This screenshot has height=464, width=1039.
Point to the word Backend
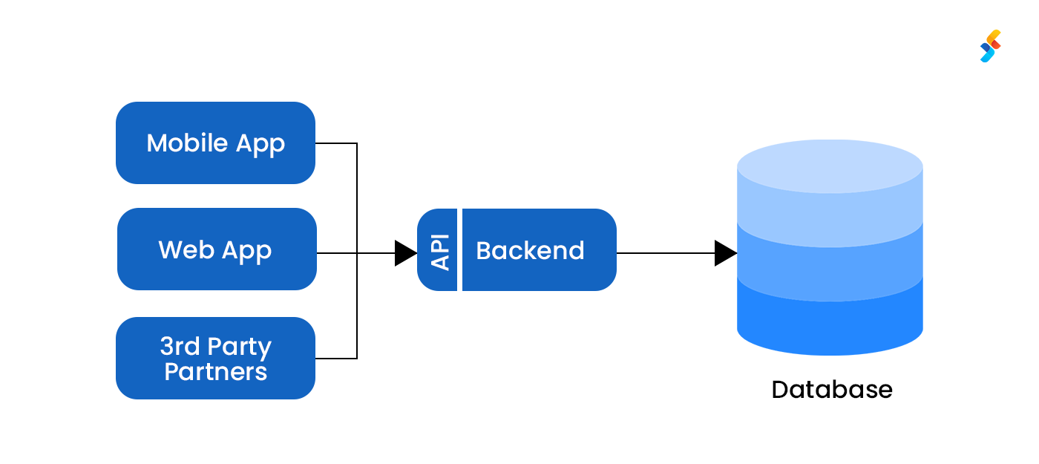(530, 251)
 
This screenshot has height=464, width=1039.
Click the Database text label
(831, 389)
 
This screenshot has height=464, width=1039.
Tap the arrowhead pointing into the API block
(405, 253)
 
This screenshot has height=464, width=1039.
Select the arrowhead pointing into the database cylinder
(724, 253)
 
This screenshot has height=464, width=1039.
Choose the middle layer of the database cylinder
(830, 267)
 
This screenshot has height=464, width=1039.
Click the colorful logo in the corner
(990, 46)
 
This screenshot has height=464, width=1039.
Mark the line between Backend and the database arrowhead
(664, 253)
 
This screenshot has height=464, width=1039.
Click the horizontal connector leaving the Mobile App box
(336, 143)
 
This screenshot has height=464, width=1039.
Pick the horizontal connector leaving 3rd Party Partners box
(336, 359)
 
